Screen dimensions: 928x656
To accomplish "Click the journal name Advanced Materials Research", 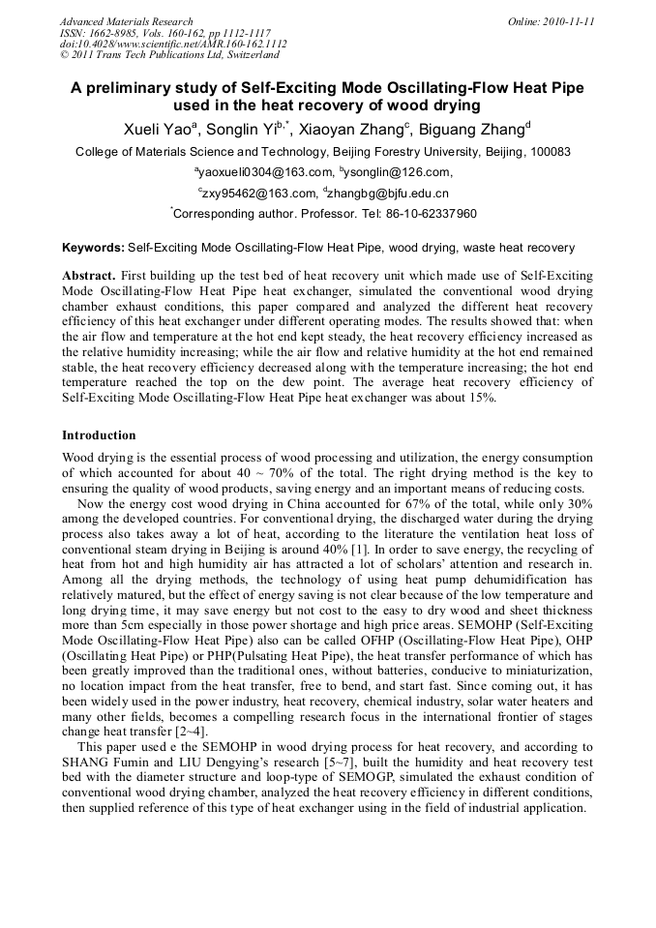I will click(x=126, y=21).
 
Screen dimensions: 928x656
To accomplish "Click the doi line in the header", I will click(x=172, y=45).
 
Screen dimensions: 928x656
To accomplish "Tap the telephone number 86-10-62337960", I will click(x=425, y=214).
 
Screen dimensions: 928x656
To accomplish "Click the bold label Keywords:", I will click(x=93, y=249).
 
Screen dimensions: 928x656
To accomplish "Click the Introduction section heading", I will click(x=99, y=435).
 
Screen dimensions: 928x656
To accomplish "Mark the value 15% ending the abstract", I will click(x=481, y=398).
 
